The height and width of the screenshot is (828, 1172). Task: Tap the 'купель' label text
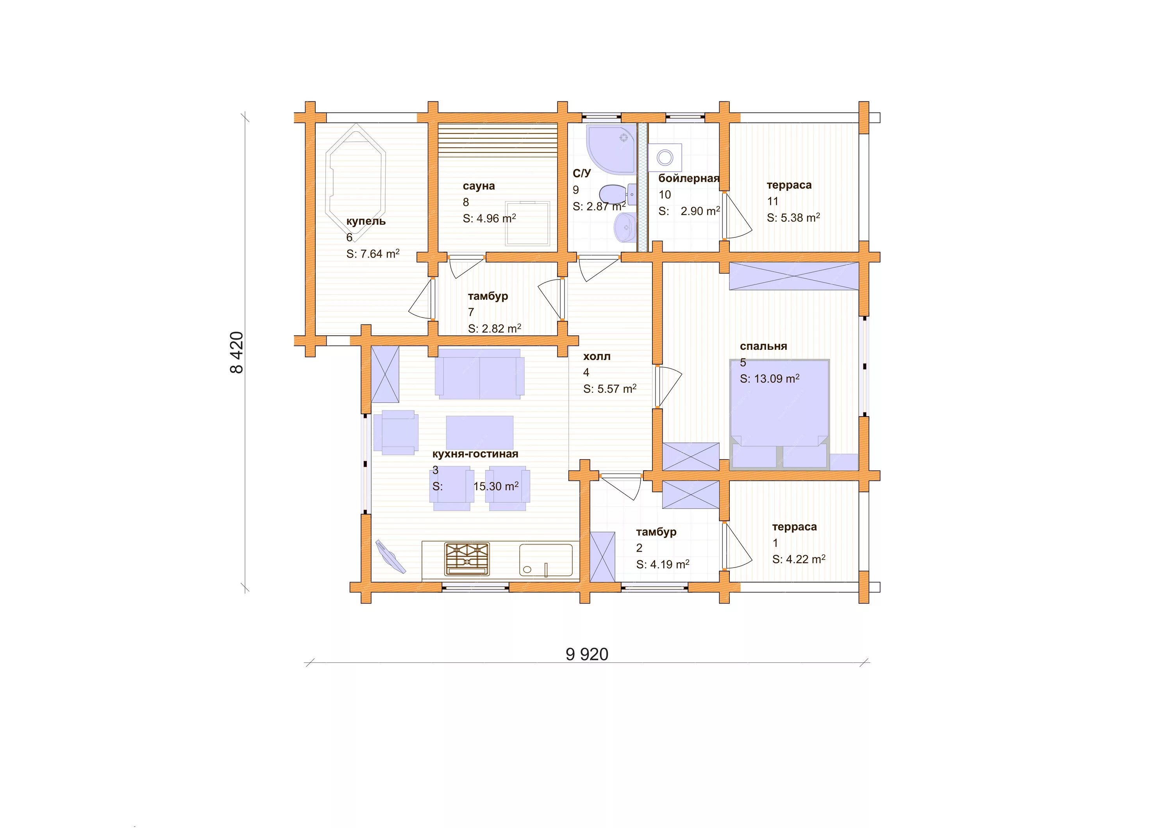point(366,221)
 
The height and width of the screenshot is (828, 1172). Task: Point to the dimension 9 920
point(587,654)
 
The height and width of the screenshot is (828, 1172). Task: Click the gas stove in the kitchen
point(467,559)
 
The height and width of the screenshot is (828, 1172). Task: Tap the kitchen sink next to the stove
point(546,560)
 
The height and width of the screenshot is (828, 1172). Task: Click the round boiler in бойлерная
point(665,157)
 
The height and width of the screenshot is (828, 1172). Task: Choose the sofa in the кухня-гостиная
point(479,374)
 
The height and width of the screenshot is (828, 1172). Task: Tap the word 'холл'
point(597,356)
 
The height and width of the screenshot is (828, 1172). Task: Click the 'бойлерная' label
point(689,178)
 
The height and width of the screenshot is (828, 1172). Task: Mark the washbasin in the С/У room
point(625,228)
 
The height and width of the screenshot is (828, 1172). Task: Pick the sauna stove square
point(528,223)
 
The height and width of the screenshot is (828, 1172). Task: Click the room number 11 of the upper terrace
point(772,201)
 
